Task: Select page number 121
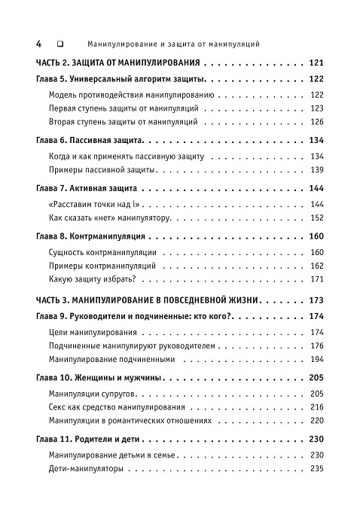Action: coord(316,63)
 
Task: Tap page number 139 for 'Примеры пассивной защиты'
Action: coord(316,169)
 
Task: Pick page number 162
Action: coord(316,266)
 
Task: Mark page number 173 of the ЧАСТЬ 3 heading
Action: coord(316,300)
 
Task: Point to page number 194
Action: coord(316,360)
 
